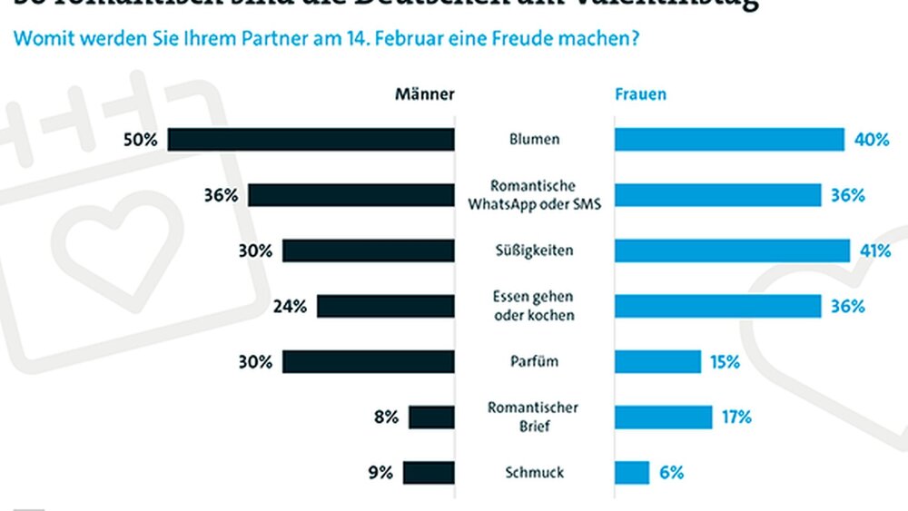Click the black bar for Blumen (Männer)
point(311,140)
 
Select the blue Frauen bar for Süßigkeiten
point(732,251)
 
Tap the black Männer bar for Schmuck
point(429,472)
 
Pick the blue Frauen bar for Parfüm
point(657,361)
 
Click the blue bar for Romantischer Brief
point(663,417)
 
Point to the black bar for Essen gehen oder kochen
point(385,306)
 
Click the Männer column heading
point(424,94)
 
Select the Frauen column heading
point(641,94)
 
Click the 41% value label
point(875,251)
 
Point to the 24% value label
point(291,306)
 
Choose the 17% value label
point(737,417)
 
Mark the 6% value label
point(672,472)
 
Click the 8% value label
point(386,417)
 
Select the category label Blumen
point(534,140)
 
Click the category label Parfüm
point(534,361)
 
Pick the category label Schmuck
point(534,472)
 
